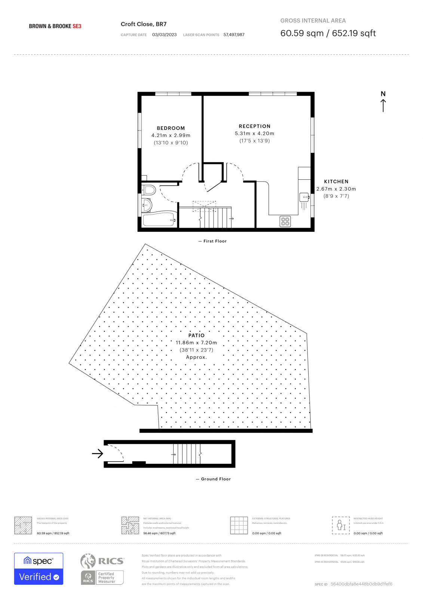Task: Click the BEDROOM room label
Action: click(171, 128)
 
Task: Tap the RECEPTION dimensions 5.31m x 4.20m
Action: click(254, 134)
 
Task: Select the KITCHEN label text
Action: click(336, 182)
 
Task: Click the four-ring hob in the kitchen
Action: click(285, 222)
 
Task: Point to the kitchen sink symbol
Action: click(304, 197)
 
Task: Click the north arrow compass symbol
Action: click(383, 101)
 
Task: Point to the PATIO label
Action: click(196, 335)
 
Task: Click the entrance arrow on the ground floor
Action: click(98, 454)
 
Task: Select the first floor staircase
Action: click(215, 218)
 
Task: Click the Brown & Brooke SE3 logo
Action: click(55, 26)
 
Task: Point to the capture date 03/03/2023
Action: click(164, 35)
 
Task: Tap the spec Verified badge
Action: click(39, 569)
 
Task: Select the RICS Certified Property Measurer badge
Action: click(102, 569)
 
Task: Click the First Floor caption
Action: click(215, 241)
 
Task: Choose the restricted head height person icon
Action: click(341, 525)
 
